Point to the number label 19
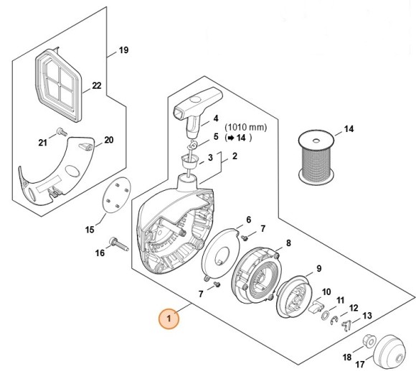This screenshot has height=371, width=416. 123,50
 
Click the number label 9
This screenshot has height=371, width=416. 312,269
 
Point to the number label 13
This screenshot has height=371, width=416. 367,315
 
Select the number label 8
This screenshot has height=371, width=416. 288,243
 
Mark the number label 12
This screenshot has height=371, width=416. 354,307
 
